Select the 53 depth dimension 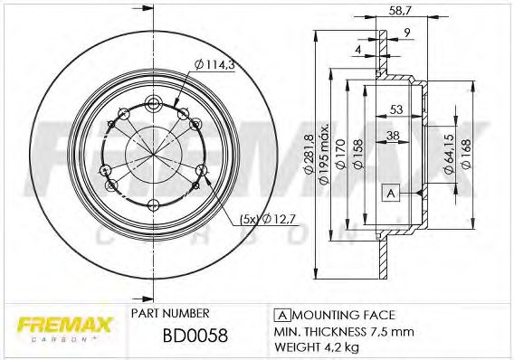[397, 109]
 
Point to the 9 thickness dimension [408, 34]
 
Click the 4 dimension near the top [359, 49]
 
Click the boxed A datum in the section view [391, 193]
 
